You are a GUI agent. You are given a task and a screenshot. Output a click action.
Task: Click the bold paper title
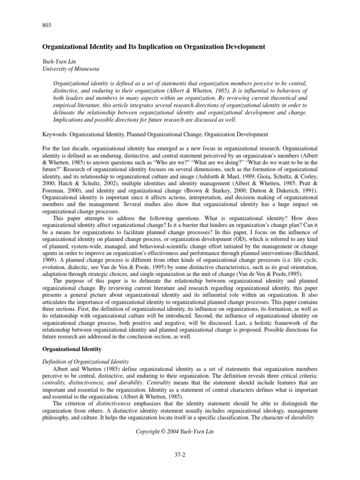tap(153, 47)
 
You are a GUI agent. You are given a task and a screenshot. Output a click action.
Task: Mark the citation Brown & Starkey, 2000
tap(250, 192)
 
